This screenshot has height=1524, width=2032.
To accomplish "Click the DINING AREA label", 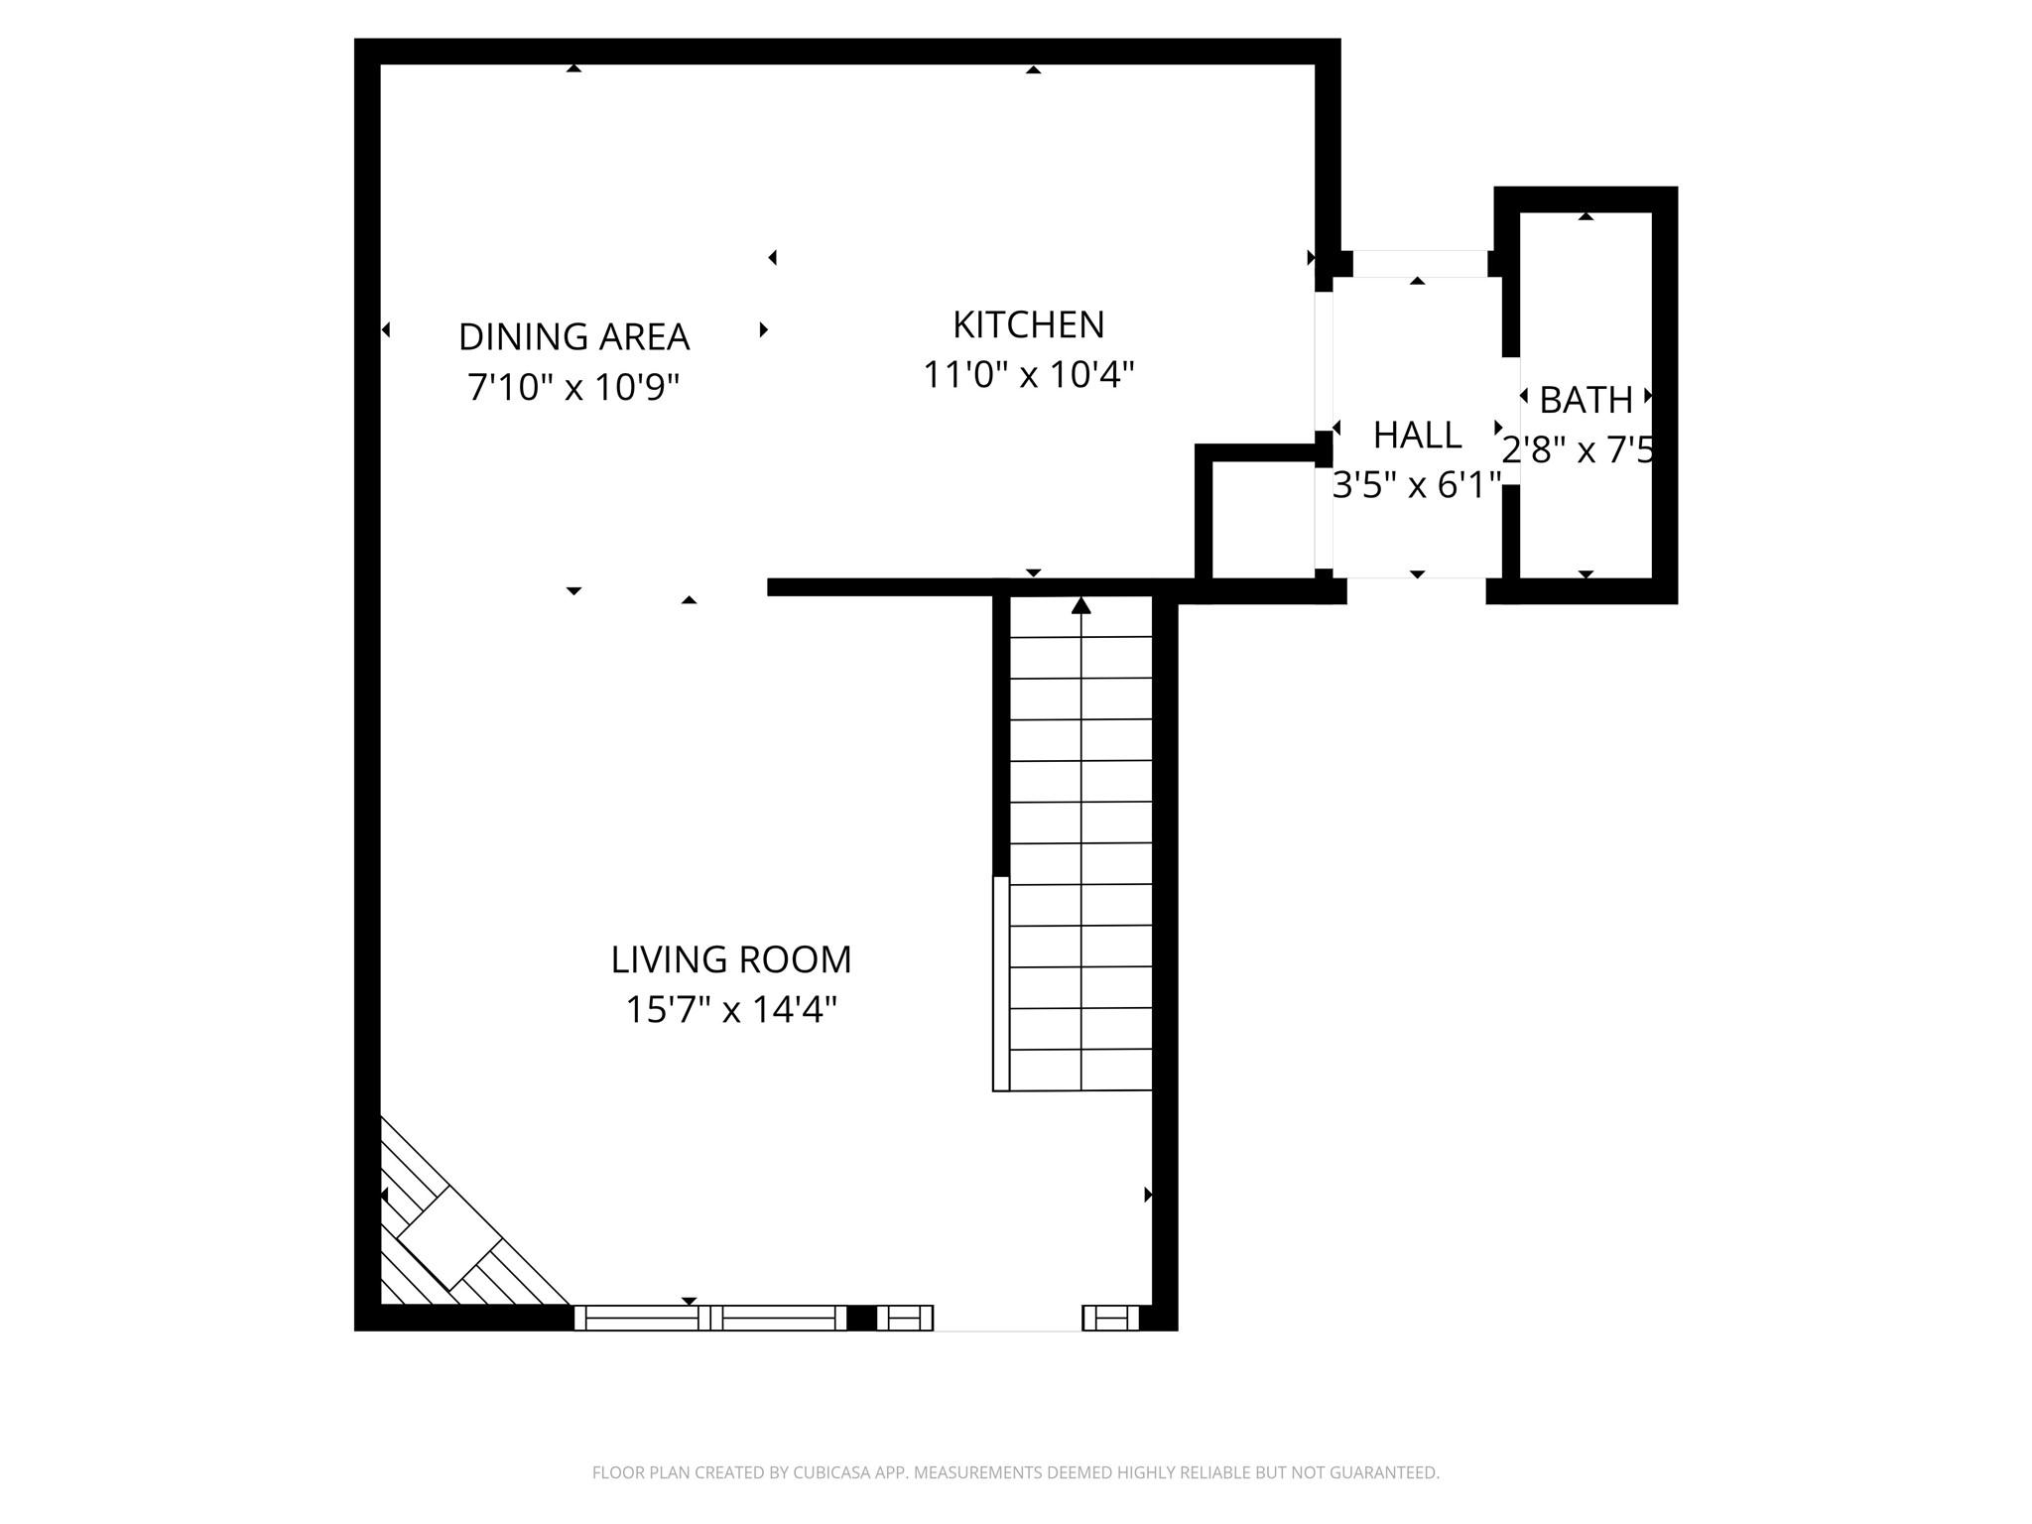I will coord(573,337).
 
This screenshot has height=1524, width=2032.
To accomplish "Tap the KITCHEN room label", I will coord(1028,325).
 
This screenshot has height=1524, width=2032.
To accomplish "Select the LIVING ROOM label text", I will coord(730,959).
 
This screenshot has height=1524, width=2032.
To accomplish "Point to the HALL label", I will coord(1417,436).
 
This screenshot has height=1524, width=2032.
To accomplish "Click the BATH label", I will coord(1586,400).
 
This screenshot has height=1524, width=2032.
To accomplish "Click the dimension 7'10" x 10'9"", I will coord(573,387).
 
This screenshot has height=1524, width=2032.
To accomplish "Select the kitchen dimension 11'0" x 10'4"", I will coord(1028,375).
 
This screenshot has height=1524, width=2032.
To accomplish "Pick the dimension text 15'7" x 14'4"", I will coord(730,1010).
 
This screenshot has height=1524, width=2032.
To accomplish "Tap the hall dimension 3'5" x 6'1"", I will coord(1417,486).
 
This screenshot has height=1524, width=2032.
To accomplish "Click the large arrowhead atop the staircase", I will coord(1081,605).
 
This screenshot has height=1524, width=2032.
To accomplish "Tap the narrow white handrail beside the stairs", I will coord(1001,983).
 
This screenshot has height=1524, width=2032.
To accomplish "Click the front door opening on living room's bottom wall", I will coord(1007,1319).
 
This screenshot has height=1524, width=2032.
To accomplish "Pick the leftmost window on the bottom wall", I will coord(642,1319).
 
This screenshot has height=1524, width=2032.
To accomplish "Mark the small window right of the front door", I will coord(1110,1319).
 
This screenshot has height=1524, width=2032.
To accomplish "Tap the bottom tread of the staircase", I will coord(1081,1071).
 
